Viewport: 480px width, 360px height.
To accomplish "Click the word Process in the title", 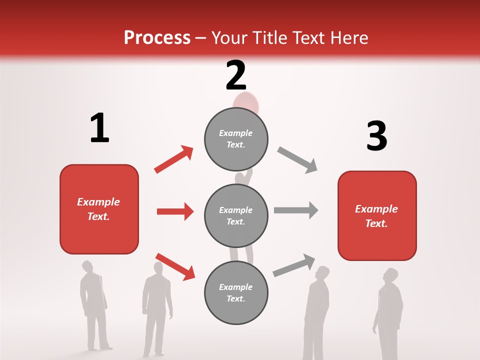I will [157, 38].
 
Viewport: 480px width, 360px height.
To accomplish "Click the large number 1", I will [99, 128].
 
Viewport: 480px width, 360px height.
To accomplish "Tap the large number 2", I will [236, 75].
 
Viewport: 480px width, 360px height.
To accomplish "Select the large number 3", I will [376, 136].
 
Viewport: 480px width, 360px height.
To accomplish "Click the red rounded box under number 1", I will [99, 209].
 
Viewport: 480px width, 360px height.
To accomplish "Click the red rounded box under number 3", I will [377, 215].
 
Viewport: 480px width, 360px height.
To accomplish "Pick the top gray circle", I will [236, 139].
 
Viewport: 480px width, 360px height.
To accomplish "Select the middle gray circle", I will [236, 215].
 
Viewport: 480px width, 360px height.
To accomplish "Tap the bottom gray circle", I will [236, 292].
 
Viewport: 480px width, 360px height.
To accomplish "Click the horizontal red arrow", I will [175, 211].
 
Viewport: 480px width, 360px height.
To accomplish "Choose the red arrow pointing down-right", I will [175, 266].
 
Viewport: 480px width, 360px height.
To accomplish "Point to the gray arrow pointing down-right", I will [297, 160].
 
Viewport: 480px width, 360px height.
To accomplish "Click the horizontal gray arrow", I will [296, 210].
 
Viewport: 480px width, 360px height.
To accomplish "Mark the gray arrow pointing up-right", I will [294, 265].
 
